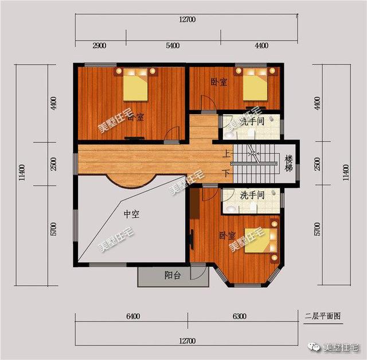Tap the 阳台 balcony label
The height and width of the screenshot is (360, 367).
[173, 276]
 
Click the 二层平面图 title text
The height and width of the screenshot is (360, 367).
[323, 316]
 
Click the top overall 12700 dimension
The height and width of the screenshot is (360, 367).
[187, 20]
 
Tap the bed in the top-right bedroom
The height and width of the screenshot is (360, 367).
[254, 86]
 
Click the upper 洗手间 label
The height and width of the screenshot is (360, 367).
[251, 122]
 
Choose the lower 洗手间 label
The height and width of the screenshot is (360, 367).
[252, 195]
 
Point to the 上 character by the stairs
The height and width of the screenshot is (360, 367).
[227, 154]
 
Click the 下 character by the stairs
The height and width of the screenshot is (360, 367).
[227, 173]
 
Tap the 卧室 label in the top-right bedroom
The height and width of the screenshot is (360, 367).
[218, 82]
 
